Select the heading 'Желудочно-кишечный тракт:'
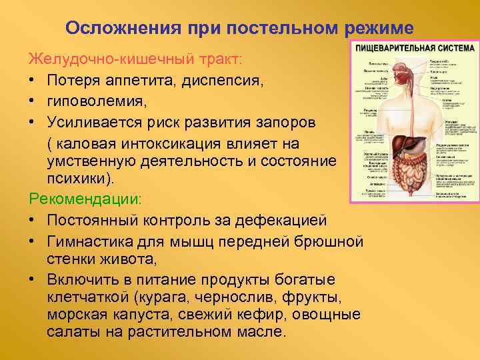pyautogui.click(x=135, y=61)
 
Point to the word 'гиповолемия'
pyautogui.click(x=90, y=103)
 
